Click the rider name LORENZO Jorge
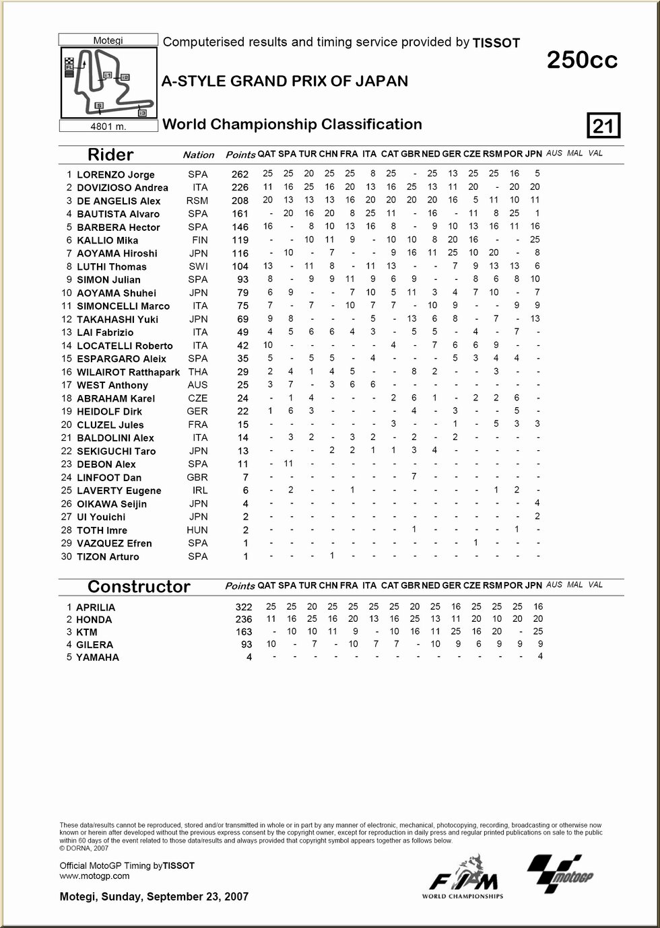coord(115,175)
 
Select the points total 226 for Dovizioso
coord(240,188)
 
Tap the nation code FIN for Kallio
coord(198,240)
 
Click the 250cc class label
coord(582,61)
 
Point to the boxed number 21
coord(603,126)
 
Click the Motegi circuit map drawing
coord(108,83)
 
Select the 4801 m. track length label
coord(108,127)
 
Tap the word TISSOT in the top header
coord(496,43)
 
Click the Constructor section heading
coord(139,587)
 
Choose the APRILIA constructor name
coord(96,607)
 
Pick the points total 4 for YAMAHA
coord(249,657)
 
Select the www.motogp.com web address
coord(94,876)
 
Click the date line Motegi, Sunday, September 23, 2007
coord(154,897)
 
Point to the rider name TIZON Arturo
coord(108,557)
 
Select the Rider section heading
coord(110,155)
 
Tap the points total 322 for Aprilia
coord(243,607)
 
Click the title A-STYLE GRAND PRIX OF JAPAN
coord(285,81)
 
